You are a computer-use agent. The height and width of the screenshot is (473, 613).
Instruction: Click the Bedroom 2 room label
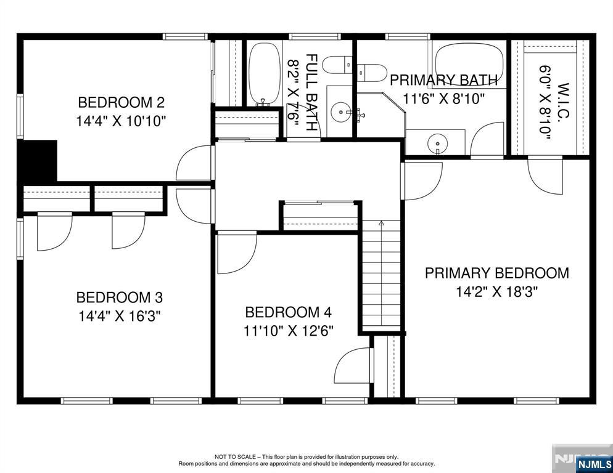121,102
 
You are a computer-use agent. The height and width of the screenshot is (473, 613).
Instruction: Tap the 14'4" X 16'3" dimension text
120,315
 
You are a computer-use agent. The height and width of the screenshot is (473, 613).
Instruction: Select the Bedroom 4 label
288,312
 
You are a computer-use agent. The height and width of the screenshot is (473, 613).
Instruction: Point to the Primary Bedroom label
496,273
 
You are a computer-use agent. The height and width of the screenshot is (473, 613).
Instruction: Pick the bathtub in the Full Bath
265,73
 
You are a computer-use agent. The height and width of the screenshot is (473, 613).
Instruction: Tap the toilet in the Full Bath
339,65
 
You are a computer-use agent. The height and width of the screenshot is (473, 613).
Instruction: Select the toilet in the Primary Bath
371,73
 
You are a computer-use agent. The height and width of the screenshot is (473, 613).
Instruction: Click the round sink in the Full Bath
341,112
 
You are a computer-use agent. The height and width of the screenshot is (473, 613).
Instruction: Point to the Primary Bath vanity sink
437,142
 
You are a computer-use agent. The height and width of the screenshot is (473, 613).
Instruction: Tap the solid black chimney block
38,161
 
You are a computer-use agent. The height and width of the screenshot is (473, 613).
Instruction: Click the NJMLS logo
594,464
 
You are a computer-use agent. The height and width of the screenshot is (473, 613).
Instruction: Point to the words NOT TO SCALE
235,456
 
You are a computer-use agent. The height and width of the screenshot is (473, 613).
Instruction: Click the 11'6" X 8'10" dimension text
444,99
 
